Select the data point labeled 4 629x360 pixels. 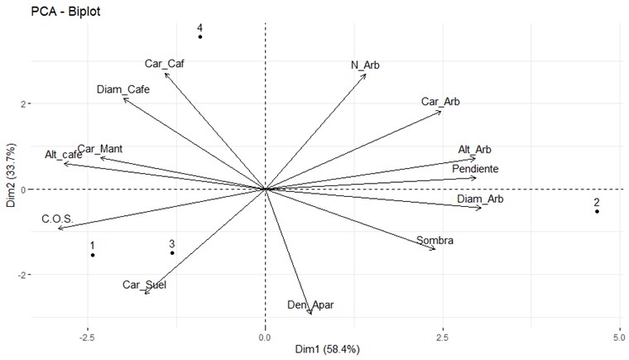199,37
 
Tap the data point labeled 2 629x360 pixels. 597,211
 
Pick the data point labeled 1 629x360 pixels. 93,255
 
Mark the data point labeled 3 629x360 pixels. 172,252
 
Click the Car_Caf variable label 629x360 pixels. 163,63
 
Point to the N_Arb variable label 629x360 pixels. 365,65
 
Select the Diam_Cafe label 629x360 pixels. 122,89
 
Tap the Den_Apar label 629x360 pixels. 310,305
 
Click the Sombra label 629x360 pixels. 435,241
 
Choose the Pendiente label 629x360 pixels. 475,169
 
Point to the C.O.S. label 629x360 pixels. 58,219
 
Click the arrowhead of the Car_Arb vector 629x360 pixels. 441,111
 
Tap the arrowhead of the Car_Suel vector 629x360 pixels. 145,293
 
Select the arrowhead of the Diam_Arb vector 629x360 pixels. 481,208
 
